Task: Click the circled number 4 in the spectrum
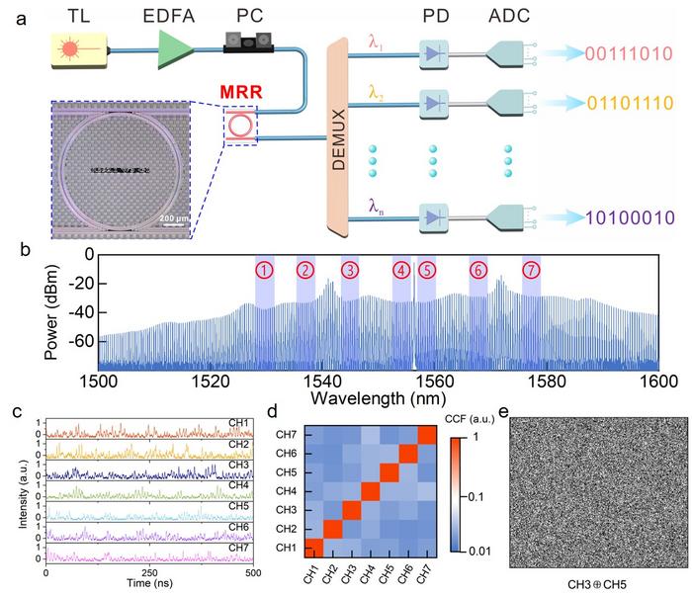click(400, 270)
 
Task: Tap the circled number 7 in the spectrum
click(531, 270)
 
